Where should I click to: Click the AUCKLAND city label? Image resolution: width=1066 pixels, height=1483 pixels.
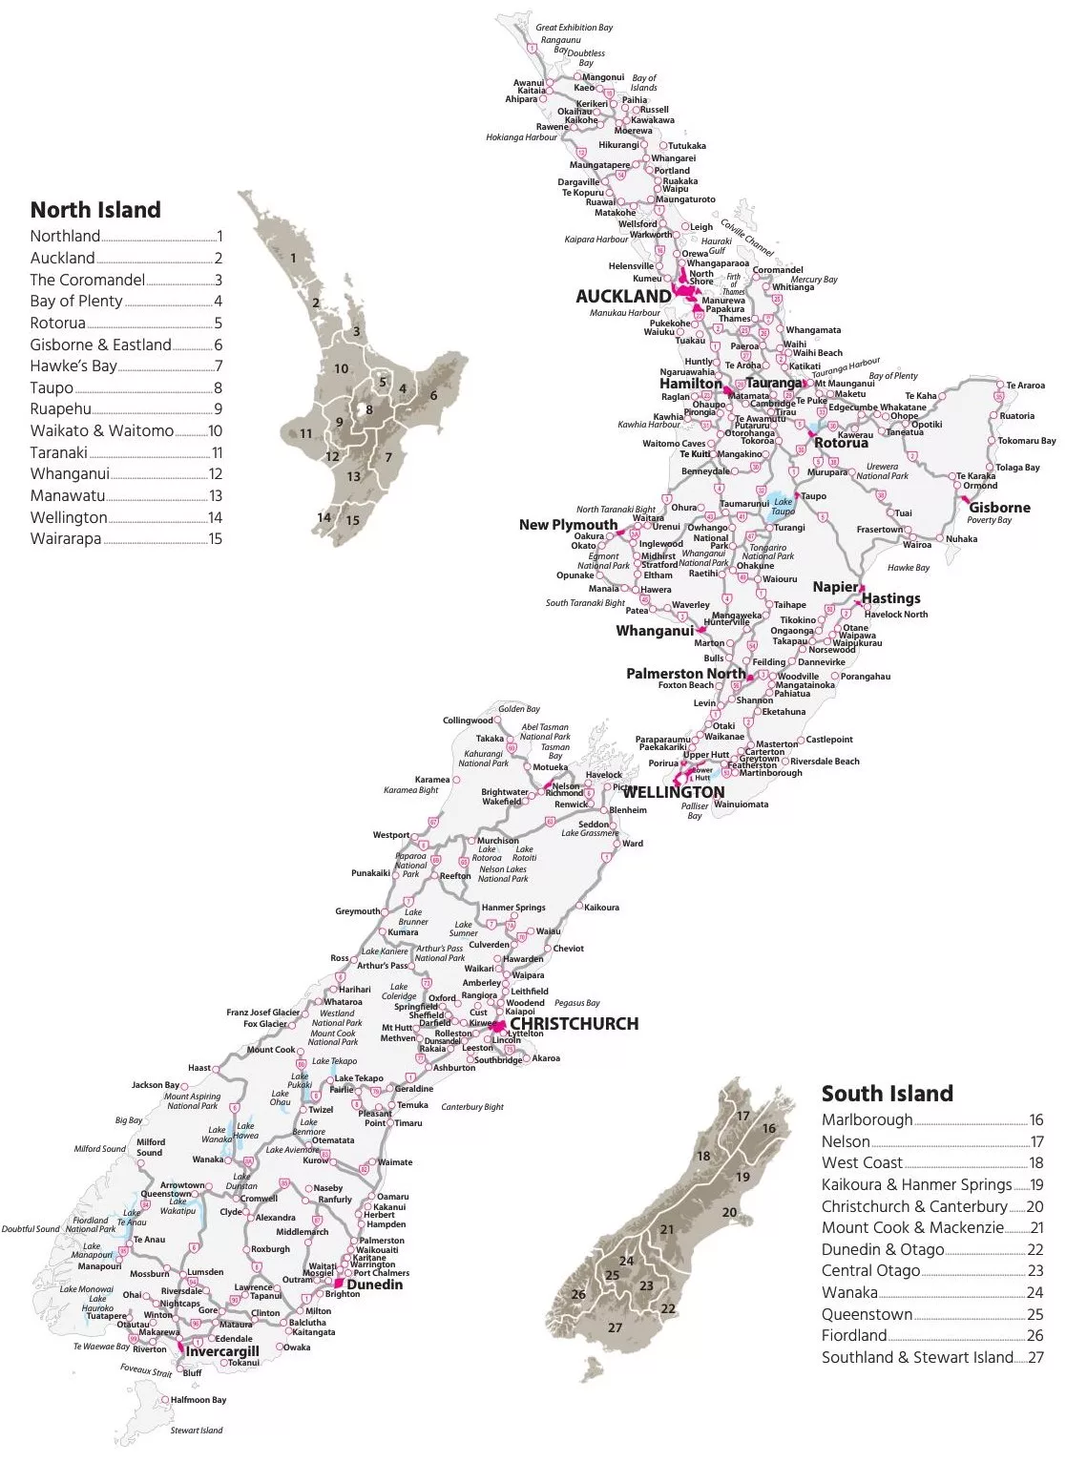[x=622, y=297]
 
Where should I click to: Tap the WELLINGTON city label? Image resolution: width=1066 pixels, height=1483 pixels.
[x=674, y=792]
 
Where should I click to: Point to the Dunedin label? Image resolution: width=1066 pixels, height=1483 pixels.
[x=374, y=1285]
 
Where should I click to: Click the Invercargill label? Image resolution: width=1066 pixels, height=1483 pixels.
[x=221, y=1351]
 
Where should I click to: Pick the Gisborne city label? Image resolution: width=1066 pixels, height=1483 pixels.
[x=999, y=508]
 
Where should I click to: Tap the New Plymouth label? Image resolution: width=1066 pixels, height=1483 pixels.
[x=568, y=525]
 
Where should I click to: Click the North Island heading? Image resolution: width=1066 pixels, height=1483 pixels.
[x=95, y=210]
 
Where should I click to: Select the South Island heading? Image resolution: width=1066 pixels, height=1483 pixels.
[x=887, y=1094]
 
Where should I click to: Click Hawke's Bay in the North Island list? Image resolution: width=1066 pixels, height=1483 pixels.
[x=73, y=366]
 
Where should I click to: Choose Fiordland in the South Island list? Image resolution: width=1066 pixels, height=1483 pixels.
[x=854, y=1335]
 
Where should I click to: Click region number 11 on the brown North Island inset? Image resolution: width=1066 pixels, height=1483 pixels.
[x=306, y=433]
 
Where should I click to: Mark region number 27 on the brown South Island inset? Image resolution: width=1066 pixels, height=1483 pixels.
[x=615, y=1327]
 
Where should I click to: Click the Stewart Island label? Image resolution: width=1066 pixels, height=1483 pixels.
[x=197, y=1431]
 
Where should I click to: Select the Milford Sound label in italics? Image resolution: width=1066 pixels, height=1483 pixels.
[x=99, y=1149]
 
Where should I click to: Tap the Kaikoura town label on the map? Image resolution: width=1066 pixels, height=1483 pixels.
[x=601, y=908]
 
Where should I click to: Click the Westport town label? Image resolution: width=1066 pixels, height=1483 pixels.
[x=390, y=835]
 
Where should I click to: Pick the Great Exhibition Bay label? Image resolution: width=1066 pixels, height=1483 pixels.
[x=574, y=28]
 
